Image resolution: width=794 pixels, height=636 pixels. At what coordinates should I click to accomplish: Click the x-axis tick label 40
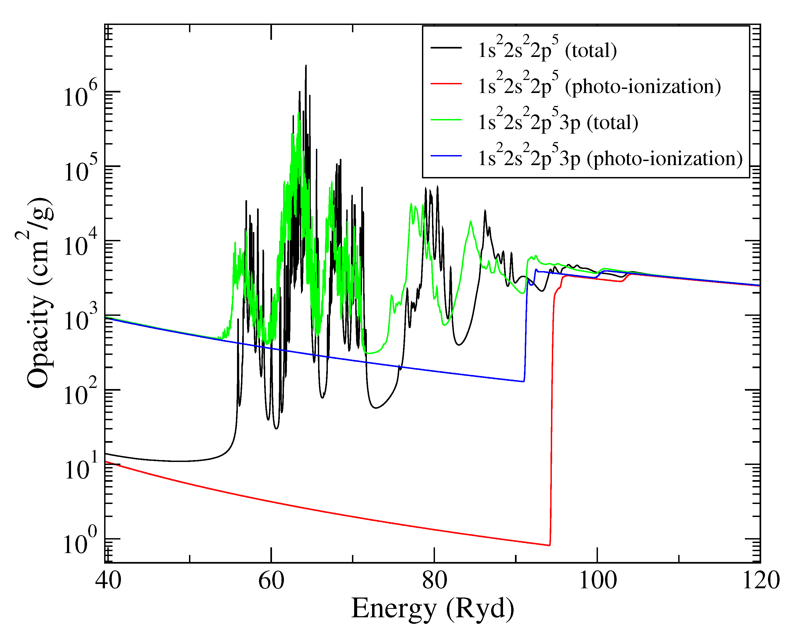[108, 581]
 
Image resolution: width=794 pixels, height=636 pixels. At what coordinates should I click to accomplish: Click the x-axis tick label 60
[271, 581]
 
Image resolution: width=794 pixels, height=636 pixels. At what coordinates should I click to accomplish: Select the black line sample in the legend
[446, 47]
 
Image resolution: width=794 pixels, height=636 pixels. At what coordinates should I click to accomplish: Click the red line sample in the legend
[446, 83]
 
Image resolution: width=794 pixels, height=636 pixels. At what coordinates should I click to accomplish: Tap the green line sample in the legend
[446, 120]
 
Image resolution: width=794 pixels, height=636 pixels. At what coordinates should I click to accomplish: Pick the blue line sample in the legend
[446, 156]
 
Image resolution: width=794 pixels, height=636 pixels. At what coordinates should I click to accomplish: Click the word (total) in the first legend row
[591, 50]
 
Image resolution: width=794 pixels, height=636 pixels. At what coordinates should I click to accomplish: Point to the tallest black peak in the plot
[306, 66]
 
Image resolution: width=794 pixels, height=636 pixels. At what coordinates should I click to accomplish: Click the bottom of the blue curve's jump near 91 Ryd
[524, 381]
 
